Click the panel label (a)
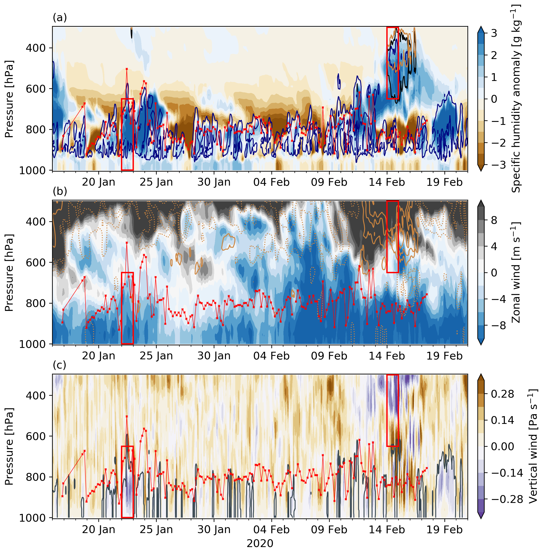[60, 18]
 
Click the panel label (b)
[60, 191]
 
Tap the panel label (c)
[59, 365]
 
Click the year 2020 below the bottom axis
[260, 543]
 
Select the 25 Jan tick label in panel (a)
[156, 182]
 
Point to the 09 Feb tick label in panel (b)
[329, 356]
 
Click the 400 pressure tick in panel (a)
[36, 48]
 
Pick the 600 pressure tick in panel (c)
[36, 436]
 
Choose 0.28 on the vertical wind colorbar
[503, 394]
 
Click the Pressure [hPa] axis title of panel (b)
[9, 272]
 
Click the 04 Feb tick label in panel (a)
[272, 182]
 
